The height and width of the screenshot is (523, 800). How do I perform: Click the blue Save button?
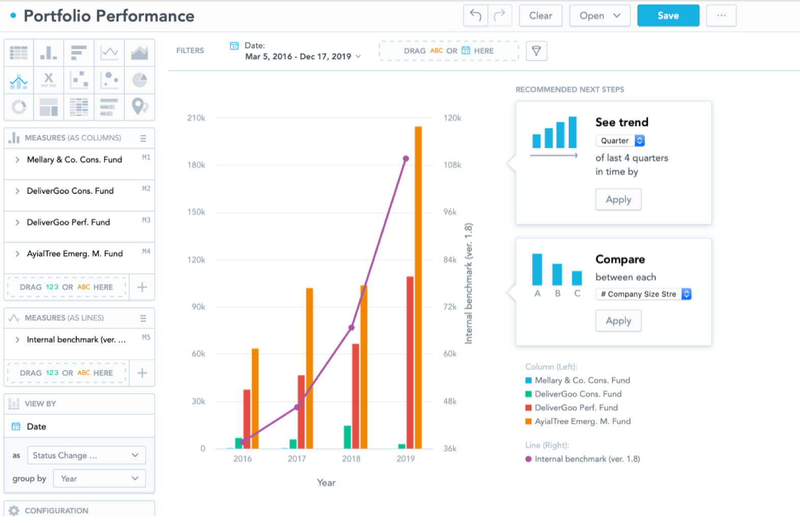click(668, 16)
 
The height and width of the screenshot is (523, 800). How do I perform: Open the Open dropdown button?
click(600, 16)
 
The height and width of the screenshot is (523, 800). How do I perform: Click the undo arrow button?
click(476, 16)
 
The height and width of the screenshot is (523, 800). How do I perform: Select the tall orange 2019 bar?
click(418, 287)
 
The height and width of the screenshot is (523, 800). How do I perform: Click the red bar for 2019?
click(410, 363)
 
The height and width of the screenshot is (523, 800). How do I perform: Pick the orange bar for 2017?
click(310, 368)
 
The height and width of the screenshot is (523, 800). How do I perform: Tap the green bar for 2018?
click(347, 437)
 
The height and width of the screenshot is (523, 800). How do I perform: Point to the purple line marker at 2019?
click(406, 158)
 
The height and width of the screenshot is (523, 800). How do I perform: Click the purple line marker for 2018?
click(351, 328)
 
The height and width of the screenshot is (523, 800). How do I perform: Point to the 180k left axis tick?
click(196, 165)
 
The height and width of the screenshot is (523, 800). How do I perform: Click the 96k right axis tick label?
click(450, 212)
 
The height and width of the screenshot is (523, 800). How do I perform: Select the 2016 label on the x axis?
click(242, 459)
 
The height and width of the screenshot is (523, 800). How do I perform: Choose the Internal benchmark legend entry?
click(582, 459)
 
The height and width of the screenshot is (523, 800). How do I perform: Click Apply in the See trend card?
click(618, 199)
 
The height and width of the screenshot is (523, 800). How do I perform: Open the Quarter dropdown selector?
click(620, 141)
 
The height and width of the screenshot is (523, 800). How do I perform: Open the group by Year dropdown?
click(99, 479)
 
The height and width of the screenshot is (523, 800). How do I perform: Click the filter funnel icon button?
click(536, 51)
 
